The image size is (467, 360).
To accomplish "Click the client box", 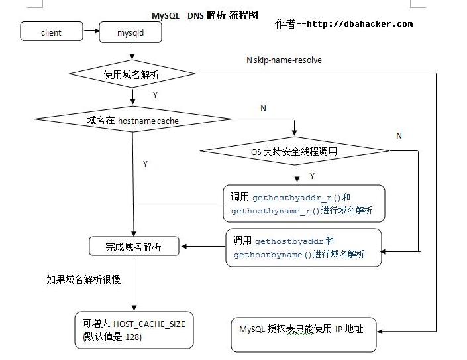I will point(51,32).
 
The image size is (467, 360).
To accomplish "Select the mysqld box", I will point(130,32).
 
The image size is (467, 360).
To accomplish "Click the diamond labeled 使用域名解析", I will point(132,74).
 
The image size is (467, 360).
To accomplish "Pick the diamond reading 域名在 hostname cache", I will point(132,120).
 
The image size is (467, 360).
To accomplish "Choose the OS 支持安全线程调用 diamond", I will point(294,152).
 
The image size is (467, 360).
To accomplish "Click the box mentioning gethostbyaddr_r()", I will point(303,204).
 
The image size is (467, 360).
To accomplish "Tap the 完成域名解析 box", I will point(134,247).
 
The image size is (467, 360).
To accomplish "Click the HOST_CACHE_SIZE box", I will point(134,330).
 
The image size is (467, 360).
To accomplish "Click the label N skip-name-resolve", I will point(284,60).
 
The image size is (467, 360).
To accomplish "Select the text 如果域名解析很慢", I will point(83,280).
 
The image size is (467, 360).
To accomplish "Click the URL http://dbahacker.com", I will point(360,24).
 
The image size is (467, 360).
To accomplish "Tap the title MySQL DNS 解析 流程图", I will point(205,15).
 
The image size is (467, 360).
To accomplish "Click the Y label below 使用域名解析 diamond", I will point(155,95).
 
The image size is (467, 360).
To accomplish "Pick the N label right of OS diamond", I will point(399,135).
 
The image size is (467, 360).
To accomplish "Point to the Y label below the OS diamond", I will point(312,176).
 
